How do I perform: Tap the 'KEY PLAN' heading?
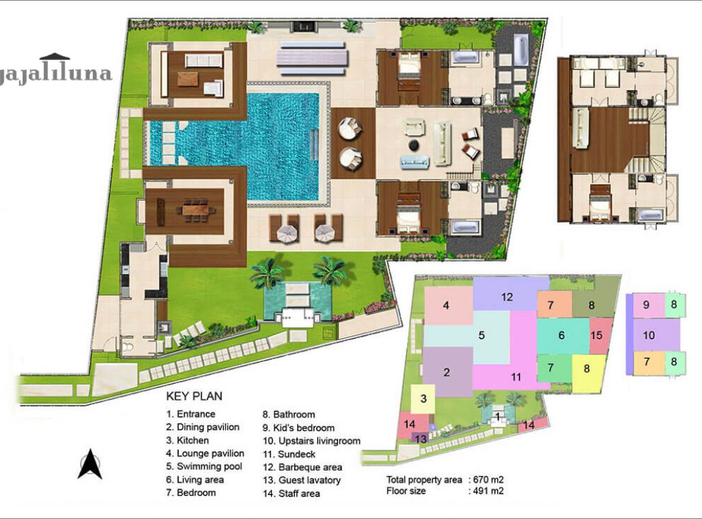click(x=194, y=396)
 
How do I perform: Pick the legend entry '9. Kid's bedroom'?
click(x=298, y=427)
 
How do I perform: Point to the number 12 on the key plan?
click(x=507, y=297)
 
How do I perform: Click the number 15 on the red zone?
click(x=597, y=335)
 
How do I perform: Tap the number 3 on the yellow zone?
click(x=423, y=398)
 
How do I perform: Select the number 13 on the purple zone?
click(x=421, y=438)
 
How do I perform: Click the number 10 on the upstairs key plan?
click(x=649, y=335)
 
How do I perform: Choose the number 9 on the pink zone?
click(x=646, y=305)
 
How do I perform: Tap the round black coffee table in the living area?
click(x=414, y=145)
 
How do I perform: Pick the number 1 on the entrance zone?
click(x=498, y=415)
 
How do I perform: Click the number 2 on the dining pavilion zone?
click(x=447, y=372)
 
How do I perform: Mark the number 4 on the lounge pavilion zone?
click(x=446, y=305)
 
